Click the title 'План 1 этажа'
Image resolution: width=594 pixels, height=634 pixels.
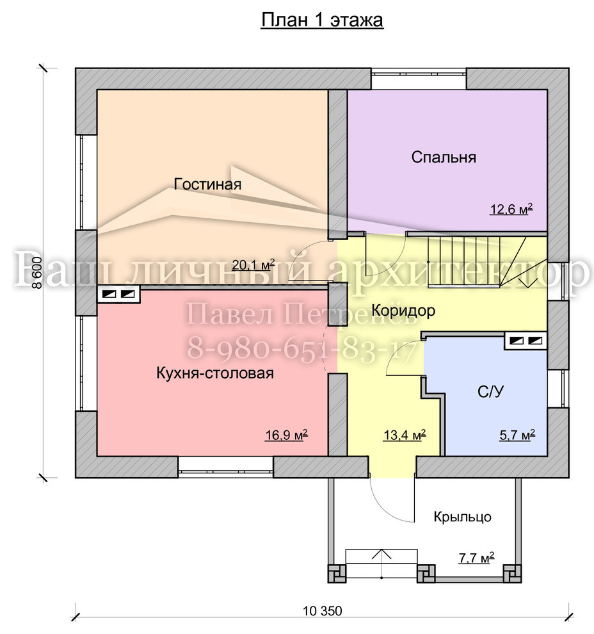322,20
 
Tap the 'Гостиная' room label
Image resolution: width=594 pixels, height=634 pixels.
207,184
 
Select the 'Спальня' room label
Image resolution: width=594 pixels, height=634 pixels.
444,158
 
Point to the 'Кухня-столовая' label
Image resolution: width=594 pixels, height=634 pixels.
215,373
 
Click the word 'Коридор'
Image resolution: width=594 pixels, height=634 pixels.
403,311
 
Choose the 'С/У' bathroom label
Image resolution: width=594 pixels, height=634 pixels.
490,391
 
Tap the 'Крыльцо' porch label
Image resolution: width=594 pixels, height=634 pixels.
463,517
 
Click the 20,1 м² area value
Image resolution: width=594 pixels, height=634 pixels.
253,265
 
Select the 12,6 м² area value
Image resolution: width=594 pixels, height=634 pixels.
511,209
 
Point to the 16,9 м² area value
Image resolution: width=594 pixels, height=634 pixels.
287,435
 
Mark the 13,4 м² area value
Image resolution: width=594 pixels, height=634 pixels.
405,435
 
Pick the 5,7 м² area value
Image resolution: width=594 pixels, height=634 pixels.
517,435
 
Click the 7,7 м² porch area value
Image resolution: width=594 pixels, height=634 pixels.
476,558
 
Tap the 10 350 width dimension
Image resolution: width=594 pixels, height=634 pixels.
323,610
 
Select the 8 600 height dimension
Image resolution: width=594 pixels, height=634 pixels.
37,273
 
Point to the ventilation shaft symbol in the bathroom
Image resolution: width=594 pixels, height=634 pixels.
526,341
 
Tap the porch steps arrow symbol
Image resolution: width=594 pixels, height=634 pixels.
382,563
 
